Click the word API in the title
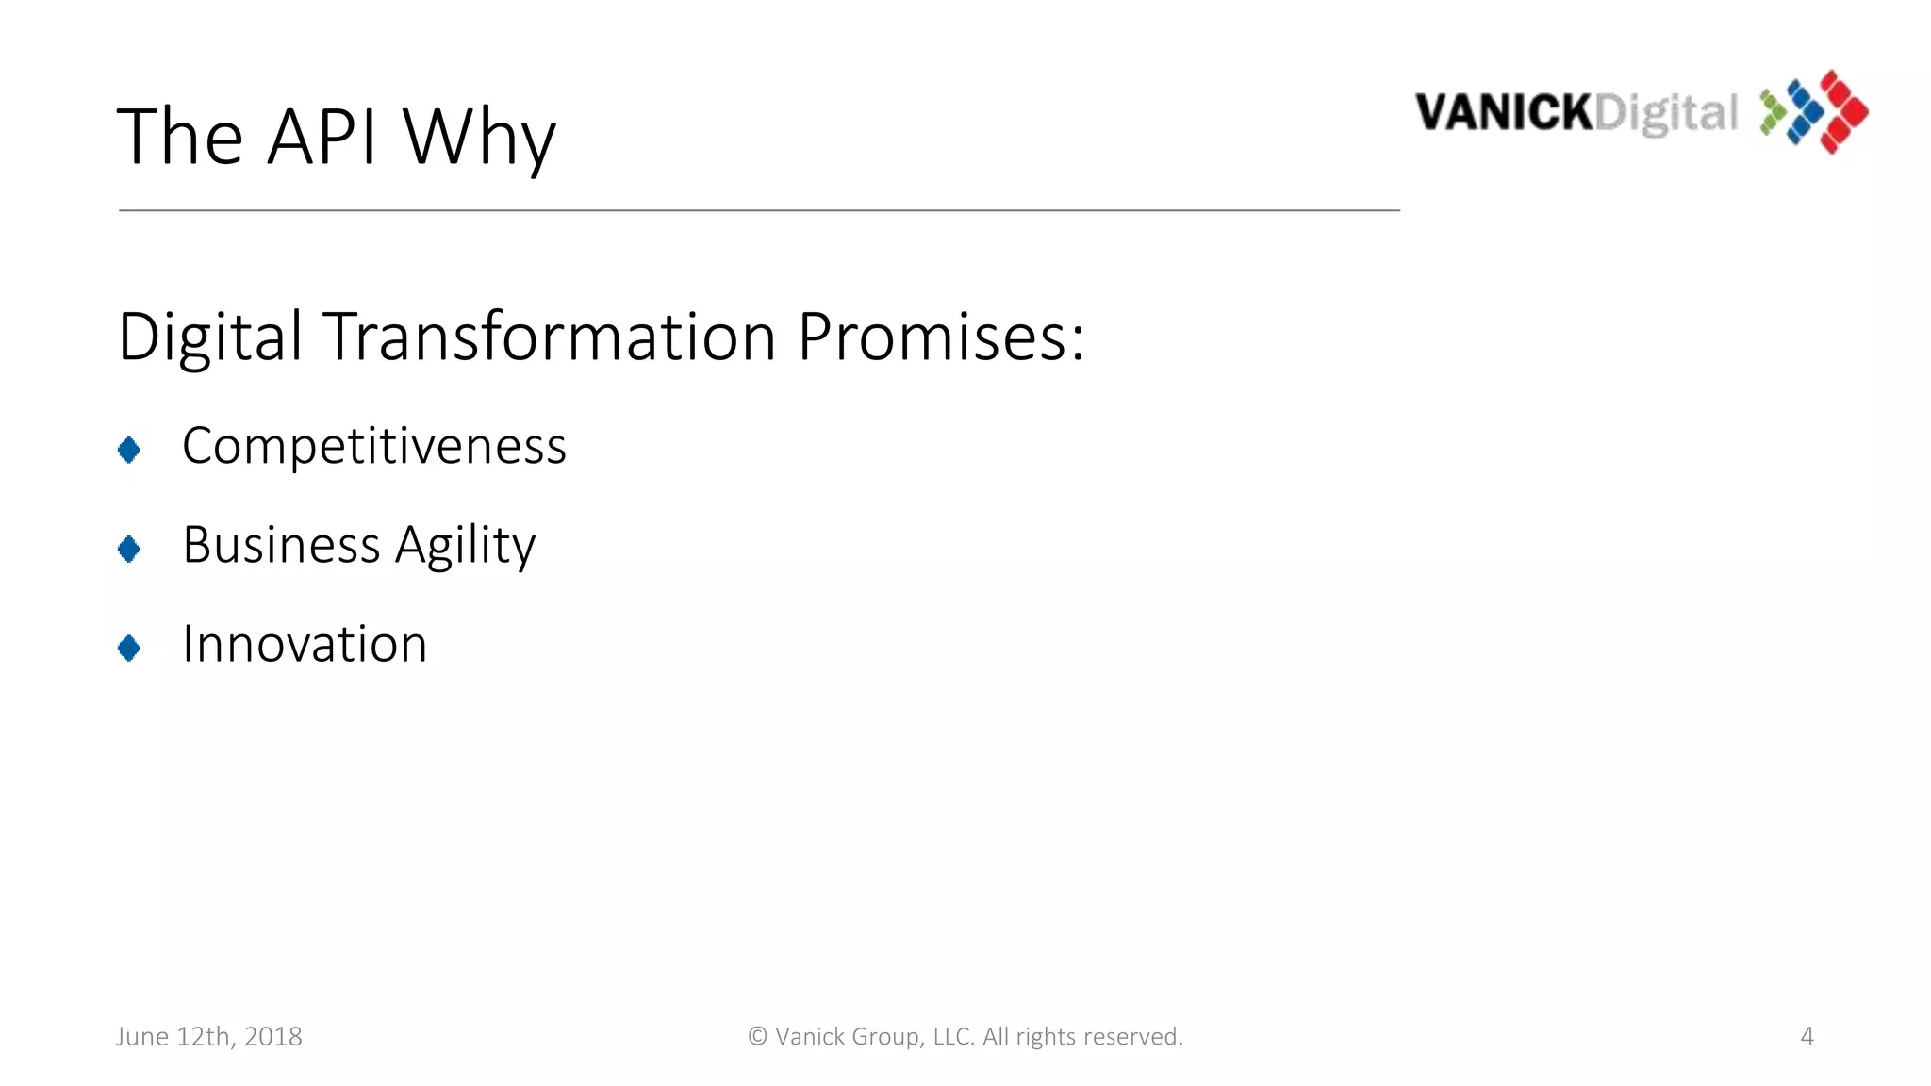(x=322, y=137)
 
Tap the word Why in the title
(x=479, y=139)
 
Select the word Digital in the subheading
(x=209, y=337)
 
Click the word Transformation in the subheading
(x=549, y=337)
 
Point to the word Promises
(x=940, y=337)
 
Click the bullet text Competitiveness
(x=374, y=446)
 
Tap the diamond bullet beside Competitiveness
(x=129, y=450)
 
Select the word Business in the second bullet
(x=281, y=545)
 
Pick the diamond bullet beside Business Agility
(x=129, y=549)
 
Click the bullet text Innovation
(x=305, y=645)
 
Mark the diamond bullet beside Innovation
(x=129, y=648)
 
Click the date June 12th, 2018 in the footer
(x=209, y=1036)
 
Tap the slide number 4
(x=1807, y=1036)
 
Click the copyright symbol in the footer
(x=757, y=1036)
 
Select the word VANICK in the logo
(x=1504, y=113)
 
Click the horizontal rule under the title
(x=759, y=210)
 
